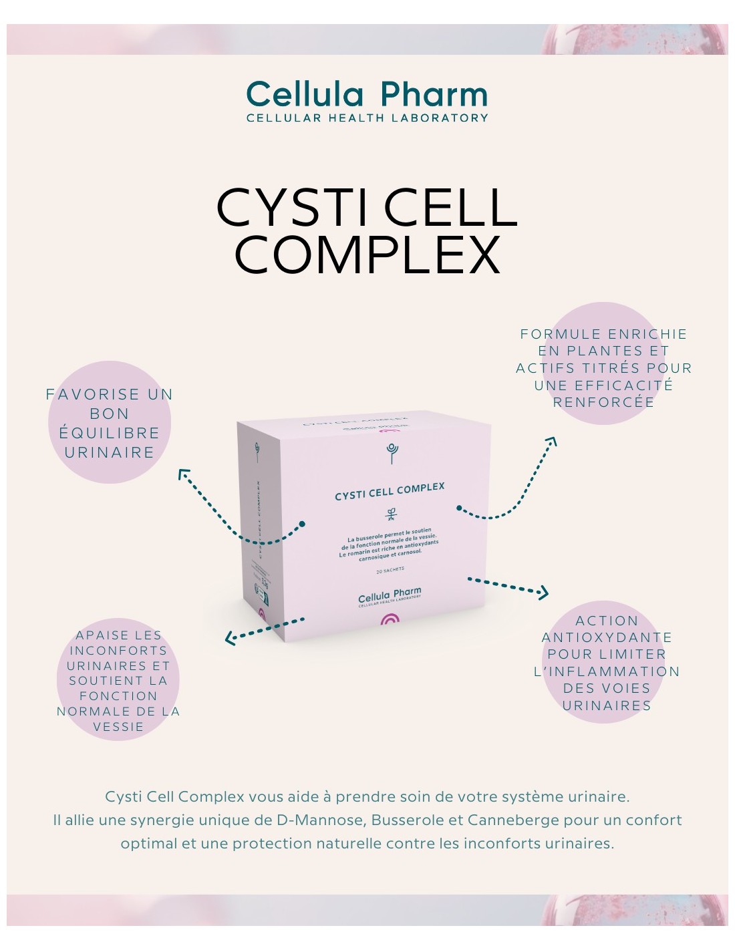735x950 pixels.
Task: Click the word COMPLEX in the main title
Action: click(367, 255)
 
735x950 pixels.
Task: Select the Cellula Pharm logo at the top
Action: click(367, 94)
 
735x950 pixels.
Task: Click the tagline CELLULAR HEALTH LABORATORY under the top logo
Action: click(367, 118)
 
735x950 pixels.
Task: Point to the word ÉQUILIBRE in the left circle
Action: click(110, 433)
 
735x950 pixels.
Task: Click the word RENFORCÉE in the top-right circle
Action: click(603, 402)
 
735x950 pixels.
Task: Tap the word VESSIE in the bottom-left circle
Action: click(118, 727)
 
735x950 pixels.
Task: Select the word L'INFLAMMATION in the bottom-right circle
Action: click(606, 671)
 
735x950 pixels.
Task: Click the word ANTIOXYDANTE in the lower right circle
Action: click(606, 637)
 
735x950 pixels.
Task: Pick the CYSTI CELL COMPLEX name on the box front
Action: click(390, 491)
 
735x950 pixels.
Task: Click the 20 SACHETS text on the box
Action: click(390, 570)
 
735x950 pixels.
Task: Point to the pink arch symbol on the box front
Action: click(390, 619)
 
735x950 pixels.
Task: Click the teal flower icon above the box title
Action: click(392, 452)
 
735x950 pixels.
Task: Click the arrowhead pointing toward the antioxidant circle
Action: click(544, 592)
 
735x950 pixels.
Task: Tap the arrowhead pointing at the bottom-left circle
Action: click(229, 639)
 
